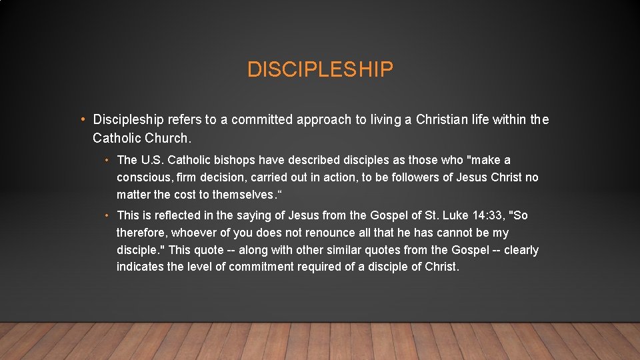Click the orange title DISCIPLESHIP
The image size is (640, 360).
pyautogui.click(x=320, y=69)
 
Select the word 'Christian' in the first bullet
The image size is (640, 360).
pyautogui.click(x=443, y=120)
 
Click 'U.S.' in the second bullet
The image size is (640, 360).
pyautogui.click(x=153, y=160)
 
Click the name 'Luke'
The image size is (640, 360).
pyautogui.click(x=443, y=215)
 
